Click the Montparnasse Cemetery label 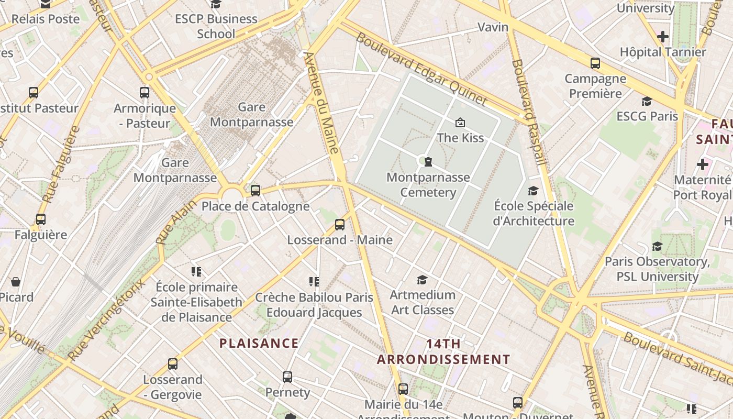[428, 185]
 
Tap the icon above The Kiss [460, 123]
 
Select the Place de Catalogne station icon [256, 191]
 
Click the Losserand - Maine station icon [340, 225]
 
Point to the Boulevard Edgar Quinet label [421, 69]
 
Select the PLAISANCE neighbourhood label [259, 344]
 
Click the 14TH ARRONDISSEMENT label [443, 352]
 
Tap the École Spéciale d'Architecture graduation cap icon [533, 191]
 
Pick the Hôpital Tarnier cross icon [663, 37]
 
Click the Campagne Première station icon [595, 63]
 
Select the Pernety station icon [287, 377]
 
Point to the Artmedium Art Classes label [423, 302]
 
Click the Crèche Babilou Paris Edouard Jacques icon [314, 282]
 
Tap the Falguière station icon [41, 219]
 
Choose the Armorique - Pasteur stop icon [145, 93]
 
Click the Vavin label [493, 27]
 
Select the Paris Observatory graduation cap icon [657, 246]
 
